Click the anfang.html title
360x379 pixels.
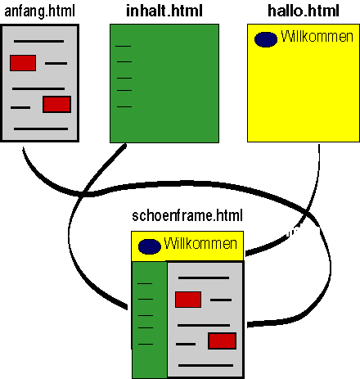coord(40,12)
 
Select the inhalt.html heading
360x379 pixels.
coord(164,11)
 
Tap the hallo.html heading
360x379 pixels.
coord(304,11)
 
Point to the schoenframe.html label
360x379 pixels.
coord(187,215)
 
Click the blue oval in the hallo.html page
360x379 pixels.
coord(266,39)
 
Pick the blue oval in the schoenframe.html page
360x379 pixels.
coord(150,246)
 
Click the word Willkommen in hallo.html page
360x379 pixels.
coord(317,36)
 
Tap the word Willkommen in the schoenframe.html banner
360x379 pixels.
coord(200,243)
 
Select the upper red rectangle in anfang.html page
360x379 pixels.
coord(23,63)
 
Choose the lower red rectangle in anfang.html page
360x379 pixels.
coord(56,104)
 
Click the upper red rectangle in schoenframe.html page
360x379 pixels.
coord(188,300)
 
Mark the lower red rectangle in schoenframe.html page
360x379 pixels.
coord(222,341)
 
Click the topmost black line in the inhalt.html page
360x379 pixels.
coord(124,47)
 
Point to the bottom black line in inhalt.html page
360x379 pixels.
coord(124,106)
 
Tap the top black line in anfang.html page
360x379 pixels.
coord(38,42)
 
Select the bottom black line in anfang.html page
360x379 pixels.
coord(41,129)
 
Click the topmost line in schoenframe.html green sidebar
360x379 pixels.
coord(145,284)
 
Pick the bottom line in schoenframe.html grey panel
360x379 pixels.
coord(205,365)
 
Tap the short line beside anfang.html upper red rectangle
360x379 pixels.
coord(56,63)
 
